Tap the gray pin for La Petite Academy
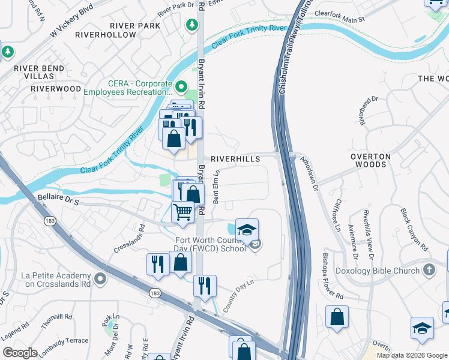(x=100, y=278)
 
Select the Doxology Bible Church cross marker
(x=429, y=270)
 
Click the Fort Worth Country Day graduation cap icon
(x=247, y=230)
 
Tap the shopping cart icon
(x=183, y=212)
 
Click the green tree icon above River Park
(x=191, y=25)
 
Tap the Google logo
(x=20, y=352)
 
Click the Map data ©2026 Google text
(x=411, y=355)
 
